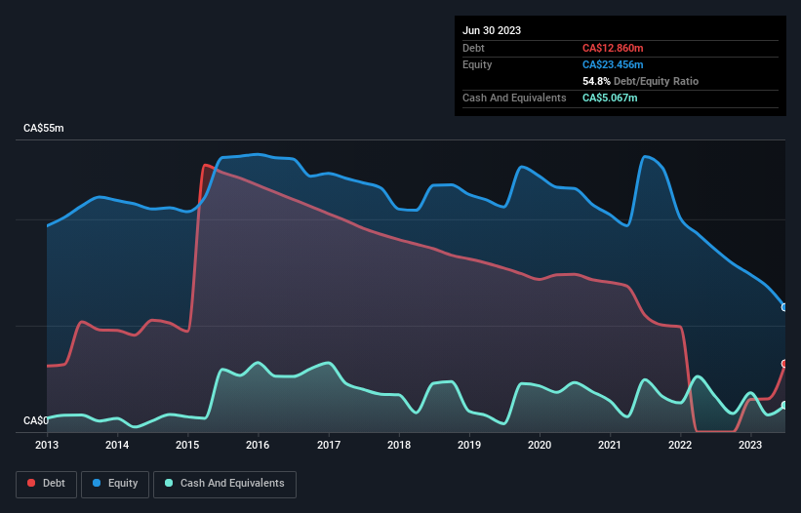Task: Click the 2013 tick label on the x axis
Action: click(x=47, y=445)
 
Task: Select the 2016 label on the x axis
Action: click(x=259, y=445)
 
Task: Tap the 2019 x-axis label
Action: click(x=469, y=445)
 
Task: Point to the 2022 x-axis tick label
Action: click(x=680, y=445)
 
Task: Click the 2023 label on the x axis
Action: click(x=750, y=445)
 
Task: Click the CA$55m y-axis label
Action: click(x=44, y=129)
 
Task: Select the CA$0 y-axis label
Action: click(x=36, y=420)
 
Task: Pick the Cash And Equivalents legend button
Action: click(x=224, y=484)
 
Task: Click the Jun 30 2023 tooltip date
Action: click(x=492, y=30)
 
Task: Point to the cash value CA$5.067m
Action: click(x=611, y=98)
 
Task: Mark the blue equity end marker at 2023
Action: click(x=784, y=307)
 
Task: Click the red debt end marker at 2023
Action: click(x=784, y=364)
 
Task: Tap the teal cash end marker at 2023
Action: click(x=784, y=406)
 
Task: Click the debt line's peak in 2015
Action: click(x=205, y=165)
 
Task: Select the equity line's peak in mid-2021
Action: click(x=644, y=156)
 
